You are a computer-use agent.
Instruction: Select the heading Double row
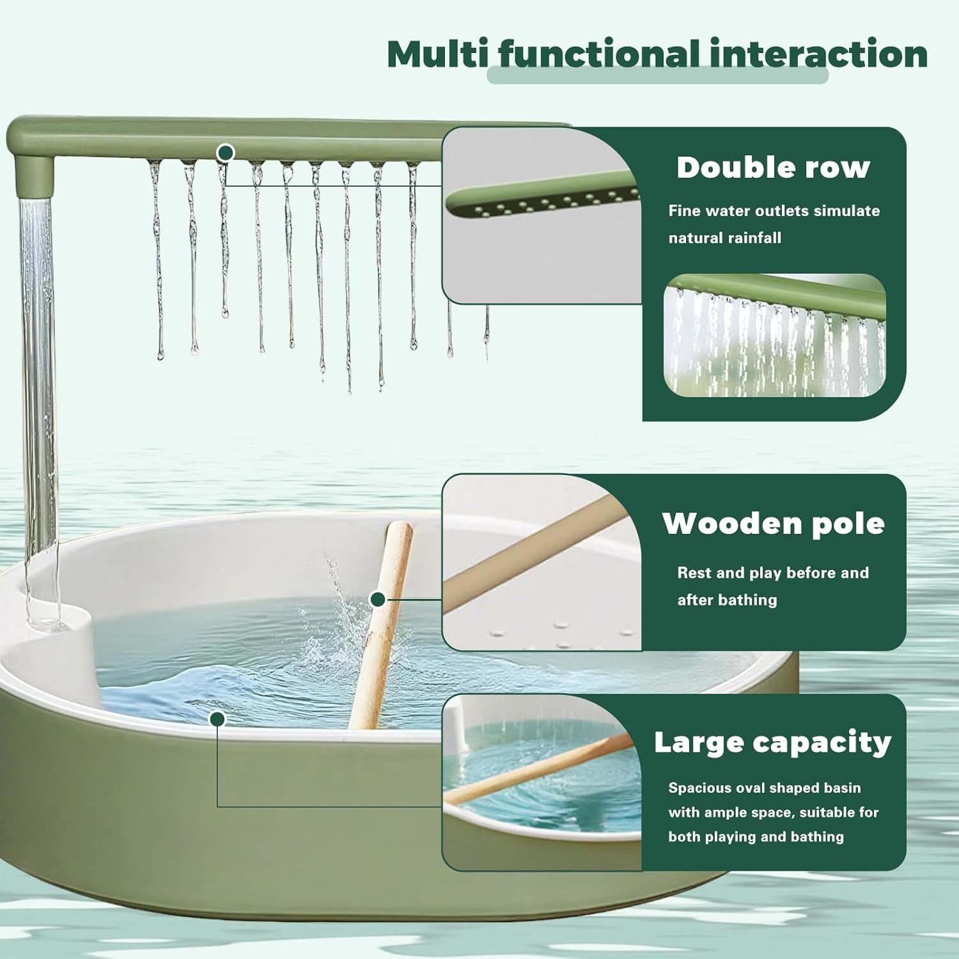(x=773, y=168)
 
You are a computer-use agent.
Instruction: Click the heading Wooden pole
(x=773, y=524)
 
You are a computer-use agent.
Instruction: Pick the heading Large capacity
(x=772, y=742)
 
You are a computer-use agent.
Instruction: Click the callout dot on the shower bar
(x=226, y=153)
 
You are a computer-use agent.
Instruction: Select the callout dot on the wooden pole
(x=378, y=599)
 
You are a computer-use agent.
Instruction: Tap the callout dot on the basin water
(x=218, y=719)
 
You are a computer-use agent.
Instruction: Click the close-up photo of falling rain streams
(x=774, y=336)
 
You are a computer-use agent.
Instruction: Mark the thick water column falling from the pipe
(x=38, y=384)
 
